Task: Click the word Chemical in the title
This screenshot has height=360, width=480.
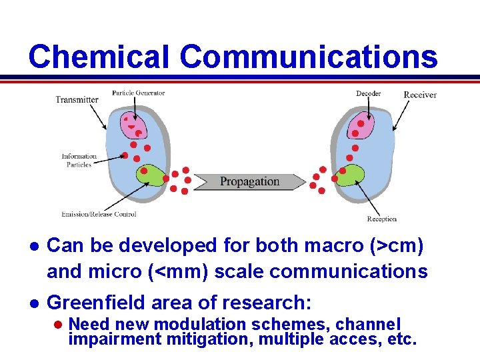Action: click(x=101, y=57)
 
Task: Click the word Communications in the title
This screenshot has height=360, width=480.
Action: click(x=309, y=57)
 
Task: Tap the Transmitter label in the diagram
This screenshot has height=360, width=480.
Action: click(x=77, y=100)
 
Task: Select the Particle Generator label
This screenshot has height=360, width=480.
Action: click(x=138, y=93)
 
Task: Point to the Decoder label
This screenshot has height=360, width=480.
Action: click(x=368, y=94)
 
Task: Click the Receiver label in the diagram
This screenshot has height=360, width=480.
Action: click(x=420, y=95)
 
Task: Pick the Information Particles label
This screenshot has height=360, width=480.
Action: click(x=79, y=161)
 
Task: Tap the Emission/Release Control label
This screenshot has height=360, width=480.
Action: click(x=99, y=214)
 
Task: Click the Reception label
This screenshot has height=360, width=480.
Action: click(x=381, y=219)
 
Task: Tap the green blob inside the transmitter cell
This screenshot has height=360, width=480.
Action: click(x=151, y=176)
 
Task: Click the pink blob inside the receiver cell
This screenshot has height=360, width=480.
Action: click(x=363, y=124)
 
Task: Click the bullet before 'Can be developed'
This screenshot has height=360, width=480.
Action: click(x=31, y=246)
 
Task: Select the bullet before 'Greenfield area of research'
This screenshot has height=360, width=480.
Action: click(x=31, y=303)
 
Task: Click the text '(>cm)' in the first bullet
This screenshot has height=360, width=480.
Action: click(x=395, y=245)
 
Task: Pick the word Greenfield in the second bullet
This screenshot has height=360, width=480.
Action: click(x=97, y=303)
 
